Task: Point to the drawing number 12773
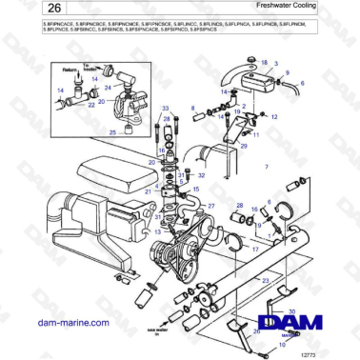(x=332, y=352)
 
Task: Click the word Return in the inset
(x=67, y=70)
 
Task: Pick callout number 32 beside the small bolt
(x=201, y=176)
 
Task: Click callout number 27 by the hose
(x=211, y=206)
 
